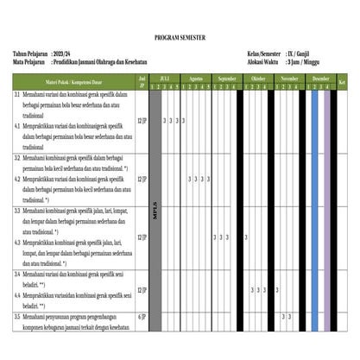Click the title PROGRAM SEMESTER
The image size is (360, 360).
[x=180, y=39]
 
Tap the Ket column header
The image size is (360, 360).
[x=343, y=82]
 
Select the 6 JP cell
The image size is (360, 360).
[x=142, y=317]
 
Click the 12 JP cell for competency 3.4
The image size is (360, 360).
[x=142, y=289]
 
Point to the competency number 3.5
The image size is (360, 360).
[x=17, y=317]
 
